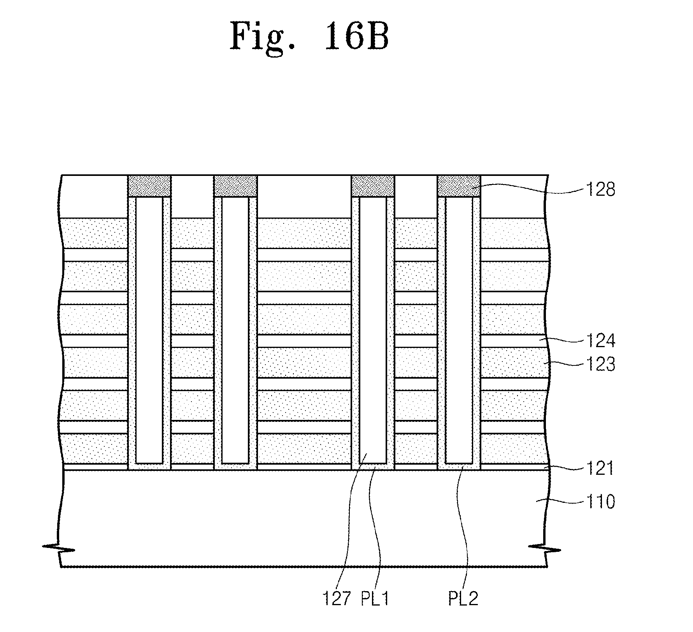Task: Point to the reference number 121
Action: click(600, 468)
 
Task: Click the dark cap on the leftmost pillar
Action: click(149, 186)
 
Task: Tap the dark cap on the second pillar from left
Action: click(235, 186)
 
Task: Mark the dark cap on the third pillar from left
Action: click(373, 186)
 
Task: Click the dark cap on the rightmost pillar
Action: click(459, 186)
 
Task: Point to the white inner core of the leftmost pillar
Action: click(149, 330)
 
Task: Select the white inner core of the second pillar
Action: click(235, 330)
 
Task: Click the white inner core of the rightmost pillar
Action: click(459, 330)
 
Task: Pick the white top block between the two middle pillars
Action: click(304, 197)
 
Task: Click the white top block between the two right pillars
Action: click(416, 197)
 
